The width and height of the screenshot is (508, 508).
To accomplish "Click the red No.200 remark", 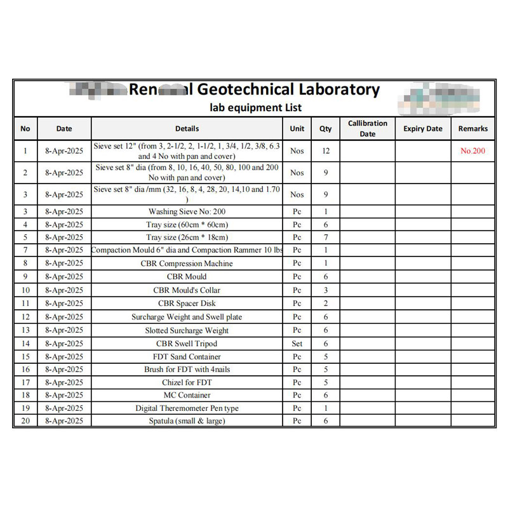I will (x=473, y=151).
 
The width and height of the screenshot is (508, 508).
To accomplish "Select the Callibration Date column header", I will (x=368, y=128).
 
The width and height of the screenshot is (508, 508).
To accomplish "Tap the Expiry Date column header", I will (x=423, y=128).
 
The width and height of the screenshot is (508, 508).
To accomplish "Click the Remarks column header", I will (x=473, y=128).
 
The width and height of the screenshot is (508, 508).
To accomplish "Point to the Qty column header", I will (x=326, y=128).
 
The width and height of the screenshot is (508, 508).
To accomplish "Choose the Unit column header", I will (x=297, y=128).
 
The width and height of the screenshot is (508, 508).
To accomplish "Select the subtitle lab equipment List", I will (x=257, y=107).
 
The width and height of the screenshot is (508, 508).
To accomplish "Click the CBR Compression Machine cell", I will (x=187, y=264).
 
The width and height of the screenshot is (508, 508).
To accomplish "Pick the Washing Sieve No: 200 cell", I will (x=187, y=211).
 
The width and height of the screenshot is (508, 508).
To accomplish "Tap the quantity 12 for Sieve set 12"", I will (x=326, y=151).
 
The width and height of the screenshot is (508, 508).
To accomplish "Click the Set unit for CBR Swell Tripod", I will (x=297, y=344).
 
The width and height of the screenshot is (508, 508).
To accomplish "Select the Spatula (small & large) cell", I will (x=187, y=420).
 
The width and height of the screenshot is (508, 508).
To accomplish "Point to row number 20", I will (x=25, y=420).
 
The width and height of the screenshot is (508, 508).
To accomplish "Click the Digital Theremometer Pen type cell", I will (x=187, y=408).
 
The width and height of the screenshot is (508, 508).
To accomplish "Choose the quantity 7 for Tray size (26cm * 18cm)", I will (x=326, y=237).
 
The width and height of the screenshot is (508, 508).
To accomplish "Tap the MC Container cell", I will (x=187, y=395).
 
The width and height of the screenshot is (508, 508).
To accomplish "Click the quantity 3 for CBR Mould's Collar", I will (x=326, y=290).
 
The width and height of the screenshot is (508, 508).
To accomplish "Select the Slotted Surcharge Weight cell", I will (x=187, y=330).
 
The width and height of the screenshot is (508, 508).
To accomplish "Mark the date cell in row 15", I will (x=64, y=356).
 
